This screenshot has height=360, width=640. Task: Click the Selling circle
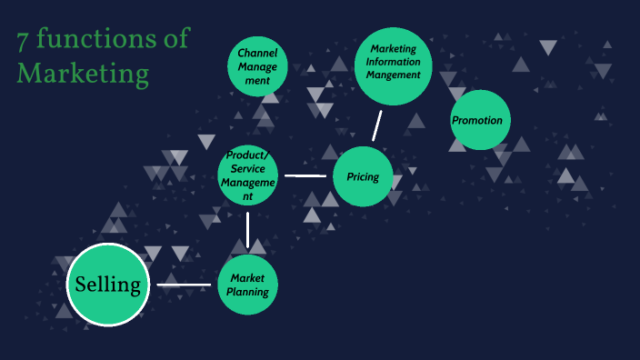108,285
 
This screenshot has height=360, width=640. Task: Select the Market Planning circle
247,285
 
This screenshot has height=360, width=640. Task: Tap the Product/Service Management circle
248,175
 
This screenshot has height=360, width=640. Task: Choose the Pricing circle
363,176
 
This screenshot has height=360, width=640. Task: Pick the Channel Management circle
257,66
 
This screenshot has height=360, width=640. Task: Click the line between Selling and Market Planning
184,285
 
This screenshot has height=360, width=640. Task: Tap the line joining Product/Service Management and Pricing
305,175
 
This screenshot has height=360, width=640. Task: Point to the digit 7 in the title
24,40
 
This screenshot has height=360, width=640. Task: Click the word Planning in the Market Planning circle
247,292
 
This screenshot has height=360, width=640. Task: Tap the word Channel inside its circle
257,54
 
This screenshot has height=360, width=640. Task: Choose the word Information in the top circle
394,62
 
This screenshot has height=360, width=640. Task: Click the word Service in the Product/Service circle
248,168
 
